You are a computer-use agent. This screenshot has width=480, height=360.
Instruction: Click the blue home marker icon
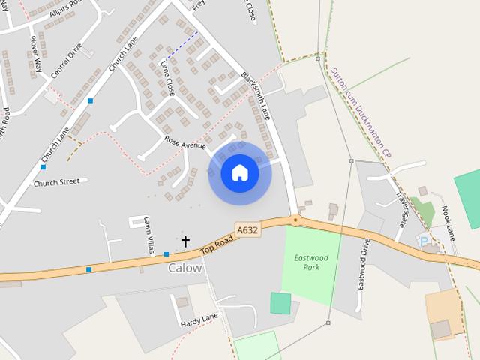pos(240,172)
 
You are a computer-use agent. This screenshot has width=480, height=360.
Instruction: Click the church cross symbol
pos(185,241)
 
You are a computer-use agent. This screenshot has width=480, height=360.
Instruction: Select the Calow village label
pos(185,268)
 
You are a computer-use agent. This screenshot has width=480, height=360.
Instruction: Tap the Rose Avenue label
pos(184,144)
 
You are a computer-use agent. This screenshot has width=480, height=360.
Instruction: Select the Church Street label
pos(55,181)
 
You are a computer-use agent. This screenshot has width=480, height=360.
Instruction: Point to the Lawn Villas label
pos(148,236)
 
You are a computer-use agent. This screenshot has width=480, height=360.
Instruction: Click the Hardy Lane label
pos(199,321)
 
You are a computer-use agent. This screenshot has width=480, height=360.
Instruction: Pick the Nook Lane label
pos(448,223)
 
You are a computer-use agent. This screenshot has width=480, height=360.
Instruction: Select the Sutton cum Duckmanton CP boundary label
pos(361,111)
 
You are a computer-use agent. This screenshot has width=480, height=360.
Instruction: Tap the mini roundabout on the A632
pos(296,220)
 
